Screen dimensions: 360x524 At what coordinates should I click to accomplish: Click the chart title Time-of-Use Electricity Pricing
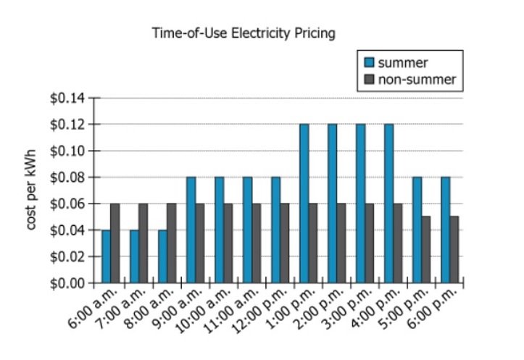coord(244,33)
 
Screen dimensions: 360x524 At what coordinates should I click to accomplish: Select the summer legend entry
coord(409,63)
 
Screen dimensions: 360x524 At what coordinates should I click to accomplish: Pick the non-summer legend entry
coord(409,79)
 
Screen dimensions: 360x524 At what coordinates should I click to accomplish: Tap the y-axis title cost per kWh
coord(32,191)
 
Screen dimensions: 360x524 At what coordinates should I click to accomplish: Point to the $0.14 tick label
coord(67,99)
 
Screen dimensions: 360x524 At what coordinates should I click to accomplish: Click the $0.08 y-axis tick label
coord(67,177)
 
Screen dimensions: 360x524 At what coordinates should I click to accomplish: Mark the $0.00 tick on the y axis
coord(67,283)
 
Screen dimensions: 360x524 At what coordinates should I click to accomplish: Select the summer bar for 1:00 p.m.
coord(304,204)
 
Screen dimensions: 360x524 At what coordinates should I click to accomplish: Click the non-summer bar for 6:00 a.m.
coord(115,243)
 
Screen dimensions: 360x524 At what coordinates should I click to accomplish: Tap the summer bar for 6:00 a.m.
coord(107,256)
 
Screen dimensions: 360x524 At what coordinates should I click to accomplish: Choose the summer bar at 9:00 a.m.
coord(191,230)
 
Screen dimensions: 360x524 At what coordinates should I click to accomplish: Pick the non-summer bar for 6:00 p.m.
coord(454,250)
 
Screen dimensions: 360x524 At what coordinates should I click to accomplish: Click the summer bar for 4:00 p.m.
coord(388,204)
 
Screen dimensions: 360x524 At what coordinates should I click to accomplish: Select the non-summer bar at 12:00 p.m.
coord(285,243)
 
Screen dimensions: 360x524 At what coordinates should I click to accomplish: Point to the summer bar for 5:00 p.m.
coord(417,230)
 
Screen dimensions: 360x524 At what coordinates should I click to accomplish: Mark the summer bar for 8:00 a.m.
coord(163,256)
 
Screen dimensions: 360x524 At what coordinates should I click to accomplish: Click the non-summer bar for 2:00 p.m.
coord(341,243)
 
